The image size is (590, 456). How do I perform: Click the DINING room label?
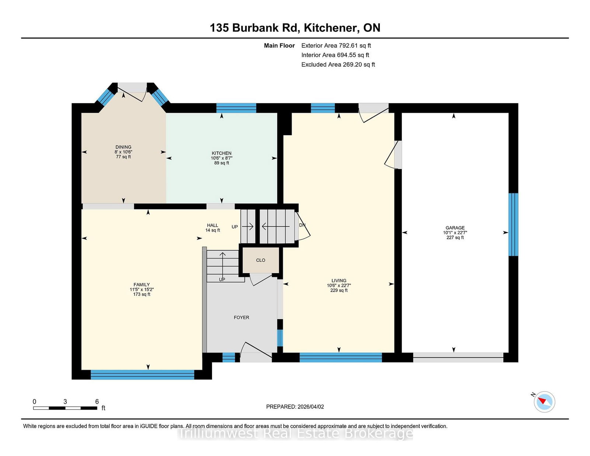click(123, 147)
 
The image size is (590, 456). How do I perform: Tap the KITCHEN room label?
click(222, 153)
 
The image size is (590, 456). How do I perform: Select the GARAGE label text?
click(455, 228)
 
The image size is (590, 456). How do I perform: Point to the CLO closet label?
click(260, 260)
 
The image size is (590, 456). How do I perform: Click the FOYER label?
click(242, 317)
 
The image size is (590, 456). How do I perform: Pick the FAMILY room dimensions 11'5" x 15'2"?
click(142, 290)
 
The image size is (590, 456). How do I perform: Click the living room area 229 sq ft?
click(339, 290)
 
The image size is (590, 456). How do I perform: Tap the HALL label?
click(213, 225)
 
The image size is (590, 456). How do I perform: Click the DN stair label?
click(302, 225)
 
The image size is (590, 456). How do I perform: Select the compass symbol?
click(544, 402)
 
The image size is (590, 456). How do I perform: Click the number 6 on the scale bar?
click(97, 402)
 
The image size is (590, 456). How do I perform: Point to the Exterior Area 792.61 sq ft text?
click(336, 46)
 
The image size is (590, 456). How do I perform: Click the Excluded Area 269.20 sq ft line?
click(338, 65)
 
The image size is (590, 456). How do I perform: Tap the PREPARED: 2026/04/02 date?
click(295, 407)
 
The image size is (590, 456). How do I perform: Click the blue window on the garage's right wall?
click(513, 224)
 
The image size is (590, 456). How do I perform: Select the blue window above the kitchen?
click(236, 108)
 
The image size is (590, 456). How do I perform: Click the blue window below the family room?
click(142, 375)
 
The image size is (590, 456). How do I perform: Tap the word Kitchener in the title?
click(330, 28)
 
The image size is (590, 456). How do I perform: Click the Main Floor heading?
click(279, 46)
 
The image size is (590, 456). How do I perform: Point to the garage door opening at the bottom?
click(458, 358)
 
